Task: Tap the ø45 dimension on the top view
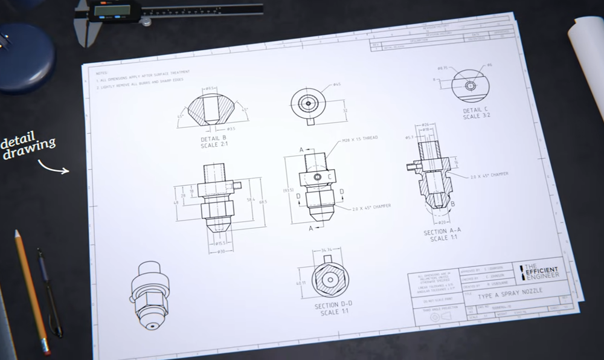coord(336,85)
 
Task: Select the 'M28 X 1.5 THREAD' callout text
coord(360,138)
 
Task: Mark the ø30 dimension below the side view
coord(220,251)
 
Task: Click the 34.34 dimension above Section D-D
coord(328,249)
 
